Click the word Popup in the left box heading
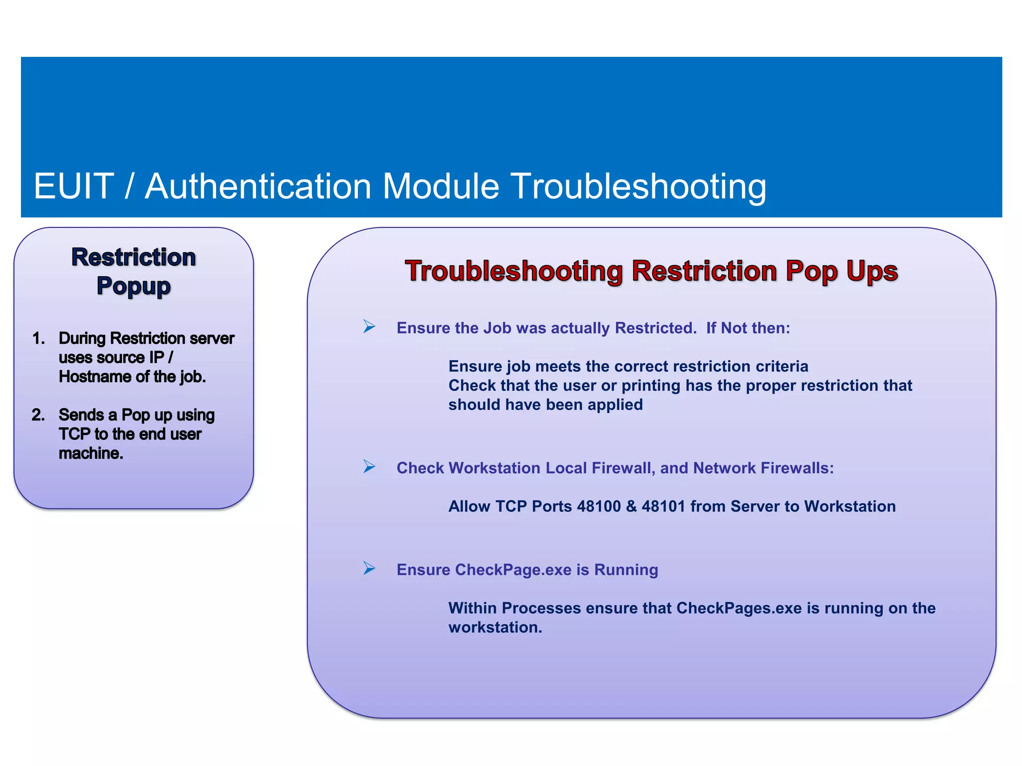(x=133, y=286)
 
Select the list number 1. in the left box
(x=38, y=339)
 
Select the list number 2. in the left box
(x=38, y=415)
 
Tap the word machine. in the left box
(x=91, y=453)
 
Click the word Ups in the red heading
(x=872, y=272)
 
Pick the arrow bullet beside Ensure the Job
(x=369, y=327)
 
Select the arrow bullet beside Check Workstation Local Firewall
(x=369, y=467)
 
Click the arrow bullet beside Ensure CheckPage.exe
(x=369, y=569)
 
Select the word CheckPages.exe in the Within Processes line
(x=739, y=608)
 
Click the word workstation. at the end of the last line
(x=495, y=627)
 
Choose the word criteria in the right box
(x=782, y=367)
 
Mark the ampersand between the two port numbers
(x=631, y=507)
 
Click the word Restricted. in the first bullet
(x=656, y=328)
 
